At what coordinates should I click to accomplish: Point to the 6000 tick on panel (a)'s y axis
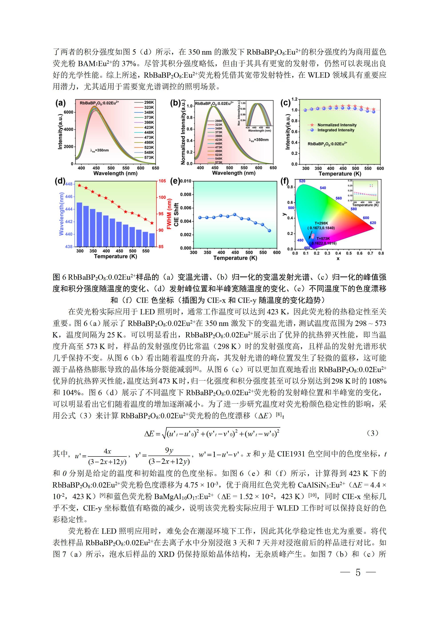[68, 112]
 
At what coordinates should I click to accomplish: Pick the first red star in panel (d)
[80, 186]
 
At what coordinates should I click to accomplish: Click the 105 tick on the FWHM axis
[162, 181]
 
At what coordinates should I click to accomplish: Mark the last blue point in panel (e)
[269, 231]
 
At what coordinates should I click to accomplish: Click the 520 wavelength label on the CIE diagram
[302, 181]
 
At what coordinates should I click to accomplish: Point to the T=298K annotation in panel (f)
[321, 223]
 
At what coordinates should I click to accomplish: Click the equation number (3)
[372, 433]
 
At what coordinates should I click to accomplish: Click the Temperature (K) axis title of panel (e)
[235, 258]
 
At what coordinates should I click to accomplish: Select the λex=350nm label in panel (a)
[99, 150]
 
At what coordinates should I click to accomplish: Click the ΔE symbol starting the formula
[149, 434]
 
